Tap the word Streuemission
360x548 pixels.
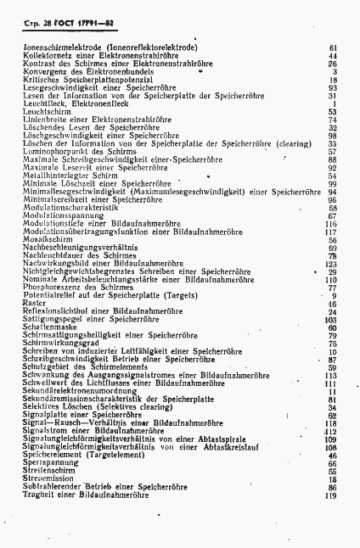click(x=41, y=479)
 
